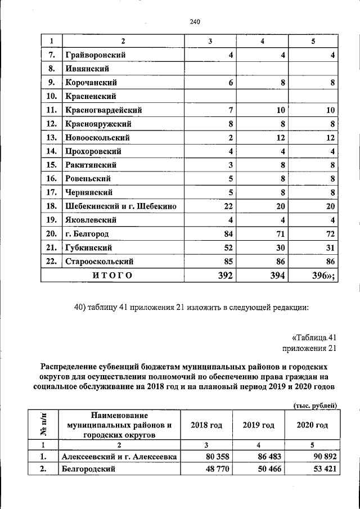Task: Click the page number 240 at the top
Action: click(195, 22)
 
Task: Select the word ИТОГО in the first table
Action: click(112, 275)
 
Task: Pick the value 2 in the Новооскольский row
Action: click(230, 138)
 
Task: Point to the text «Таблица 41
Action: click(314, 337)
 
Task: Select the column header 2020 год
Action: click(312, 425)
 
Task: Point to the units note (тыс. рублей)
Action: click(315, 404)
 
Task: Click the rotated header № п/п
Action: click(43, 425)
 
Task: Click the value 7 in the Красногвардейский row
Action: click(230, 110)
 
